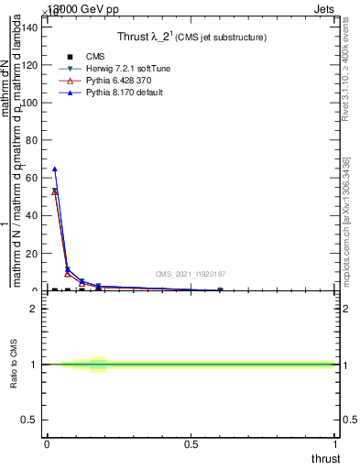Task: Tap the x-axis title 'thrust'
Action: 324,458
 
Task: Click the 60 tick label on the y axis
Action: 33,178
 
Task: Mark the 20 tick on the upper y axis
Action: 33,253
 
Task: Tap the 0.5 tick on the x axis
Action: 191,444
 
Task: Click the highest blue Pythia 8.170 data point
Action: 55,169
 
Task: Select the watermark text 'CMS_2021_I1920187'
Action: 190,274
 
